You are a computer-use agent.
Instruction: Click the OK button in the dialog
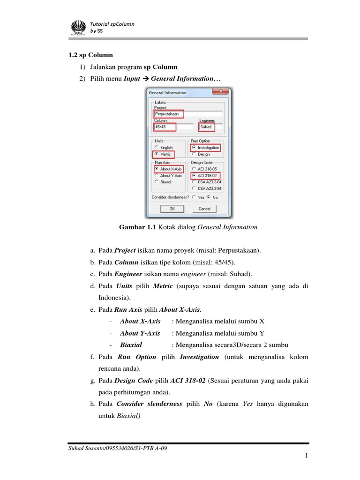point(172,209)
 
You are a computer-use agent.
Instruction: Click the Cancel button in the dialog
point(204,209)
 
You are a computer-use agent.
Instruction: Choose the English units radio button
point(157,148)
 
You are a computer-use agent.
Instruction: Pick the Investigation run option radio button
point(194,148)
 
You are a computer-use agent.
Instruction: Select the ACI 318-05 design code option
point(194,169)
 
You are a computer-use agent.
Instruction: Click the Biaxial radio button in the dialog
point(157,181)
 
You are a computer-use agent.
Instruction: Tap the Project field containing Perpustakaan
point(168,113)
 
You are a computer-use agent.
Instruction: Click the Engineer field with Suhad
point(207,127)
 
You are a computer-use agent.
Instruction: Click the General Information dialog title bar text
point(168,93)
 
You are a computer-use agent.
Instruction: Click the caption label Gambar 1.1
point(138,227)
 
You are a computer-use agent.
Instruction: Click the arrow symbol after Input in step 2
point(145,79)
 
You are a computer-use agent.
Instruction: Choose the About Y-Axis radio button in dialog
point(157,175)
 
